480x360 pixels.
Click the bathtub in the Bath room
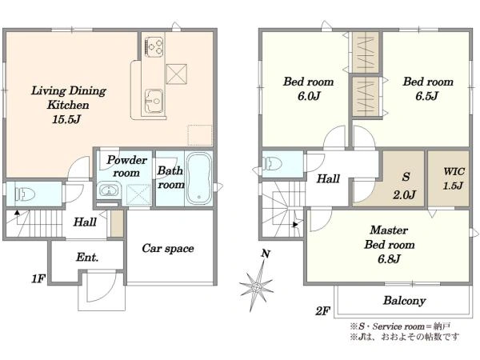[198, 178]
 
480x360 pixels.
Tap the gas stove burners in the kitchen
[154, 47]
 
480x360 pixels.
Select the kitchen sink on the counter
[154, 101]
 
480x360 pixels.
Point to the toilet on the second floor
[273, 164]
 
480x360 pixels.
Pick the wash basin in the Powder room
[108, 190]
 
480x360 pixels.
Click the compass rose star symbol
[257, 287]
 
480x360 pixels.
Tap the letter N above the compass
[266, 254]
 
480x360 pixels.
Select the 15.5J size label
[66, 119]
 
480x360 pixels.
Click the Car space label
[168, 248]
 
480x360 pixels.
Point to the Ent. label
[87, 257]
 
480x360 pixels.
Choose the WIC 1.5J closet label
[454, 178]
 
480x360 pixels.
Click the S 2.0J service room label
[405, 186]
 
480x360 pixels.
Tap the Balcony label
[404, 300]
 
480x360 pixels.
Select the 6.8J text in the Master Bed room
[389, 259]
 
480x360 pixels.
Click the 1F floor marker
[38, 279]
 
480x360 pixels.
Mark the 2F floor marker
[323, 311]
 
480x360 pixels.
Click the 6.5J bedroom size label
[426, 96]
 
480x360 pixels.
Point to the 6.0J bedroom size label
[309, 96]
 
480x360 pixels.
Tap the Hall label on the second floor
[328, 178]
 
